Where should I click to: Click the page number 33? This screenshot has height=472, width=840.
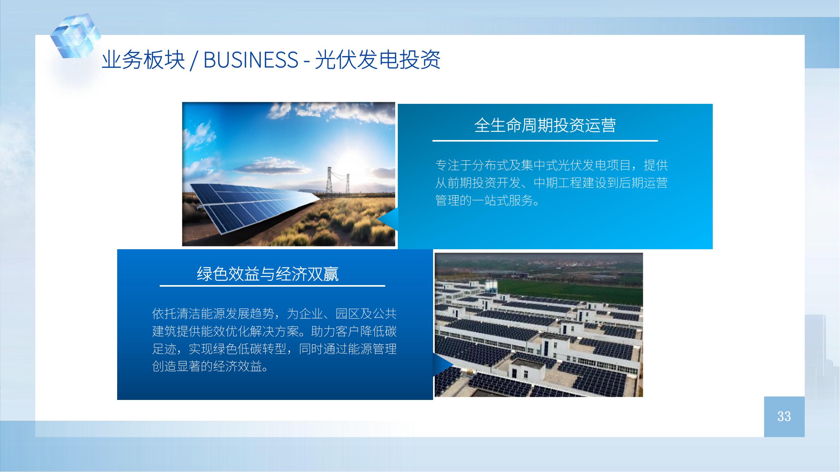[784, 416]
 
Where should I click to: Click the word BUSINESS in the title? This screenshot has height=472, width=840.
[250, 60]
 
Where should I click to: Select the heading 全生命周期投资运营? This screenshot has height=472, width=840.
[545, 126]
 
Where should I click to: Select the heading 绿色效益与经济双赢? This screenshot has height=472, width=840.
[268, 274]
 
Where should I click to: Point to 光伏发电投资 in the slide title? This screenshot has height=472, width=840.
[377, 60]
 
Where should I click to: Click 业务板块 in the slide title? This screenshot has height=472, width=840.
[143, 60]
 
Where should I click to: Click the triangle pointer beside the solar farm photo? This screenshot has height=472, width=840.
[388, 220]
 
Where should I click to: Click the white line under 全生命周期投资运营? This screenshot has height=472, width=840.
[545, 141]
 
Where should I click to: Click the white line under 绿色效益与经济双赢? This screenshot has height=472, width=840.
[272, 286]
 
